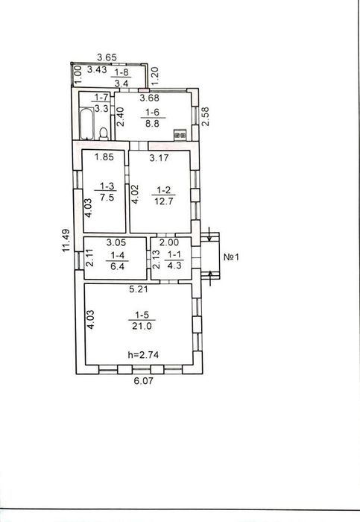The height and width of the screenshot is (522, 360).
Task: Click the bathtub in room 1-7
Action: (x=87, y=123)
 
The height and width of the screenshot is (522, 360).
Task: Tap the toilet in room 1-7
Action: (x=104, y=133)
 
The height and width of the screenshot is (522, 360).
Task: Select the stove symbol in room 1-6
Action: (x=180, y=135)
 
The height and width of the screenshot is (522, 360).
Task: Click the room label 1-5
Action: (x=142, y=315)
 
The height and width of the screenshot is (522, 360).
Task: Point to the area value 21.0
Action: (x=142, y=326)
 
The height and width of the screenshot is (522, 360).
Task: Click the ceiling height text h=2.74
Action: (x=143, y=355)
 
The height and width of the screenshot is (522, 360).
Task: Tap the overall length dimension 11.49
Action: (x=66, y=240)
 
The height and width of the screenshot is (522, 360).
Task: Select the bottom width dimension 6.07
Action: (x=144, y=380)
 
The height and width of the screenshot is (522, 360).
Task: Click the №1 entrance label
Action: (x=231, y=257)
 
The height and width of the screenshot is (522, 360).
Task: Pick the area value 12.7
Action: (x=164, y=201)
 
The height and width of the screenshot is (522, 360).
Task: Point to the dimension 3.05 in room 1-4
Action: (x=116, y=242)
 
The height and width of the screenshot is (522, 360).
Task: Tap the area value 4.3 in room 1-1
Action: (x=174, y=266)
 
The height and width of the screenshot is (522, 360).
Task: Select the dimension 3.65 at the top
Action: (x=107, y=57)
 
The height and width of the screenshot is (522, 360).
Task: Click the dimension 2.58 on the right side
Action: (x=206, y=116)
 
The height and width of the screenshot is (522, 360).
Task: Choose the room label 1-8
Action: (x=121, y=72)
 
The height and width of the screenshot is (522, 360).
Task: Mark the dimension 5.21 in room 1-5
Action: (x=139, y=289)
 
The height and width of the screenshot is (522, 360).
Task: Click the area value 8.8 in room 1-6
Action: (x=152, y=124)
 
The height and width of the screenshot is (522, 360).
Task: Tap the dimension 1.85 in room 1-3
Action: (x=104, y=157)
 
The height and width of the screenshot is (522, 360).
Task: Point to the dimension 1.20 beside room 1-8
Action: (x=155, y=76)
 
